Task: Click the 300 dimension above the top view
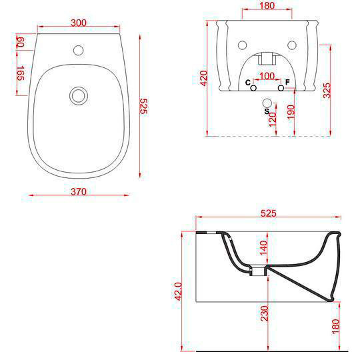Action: tap(79, 23)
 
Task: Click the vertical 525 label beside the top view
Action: tap(143, 107)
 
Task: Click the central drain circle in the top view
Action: tap(79, 95)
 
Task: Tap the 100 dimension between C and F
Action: tap(267, 75)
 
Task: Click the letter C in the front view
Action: tap(247, 83)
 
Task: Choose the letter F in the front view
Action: tap(287, 82)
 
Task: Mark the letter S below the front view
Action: tap(266, 112)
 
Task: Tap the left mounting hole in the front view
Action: tap(241, 45)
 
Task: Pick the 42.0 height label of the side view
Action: tap(178, 291)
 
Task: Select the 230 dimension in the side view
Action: tap(263, 313)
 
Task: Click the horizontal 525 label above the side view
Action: tap(267, 214)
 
